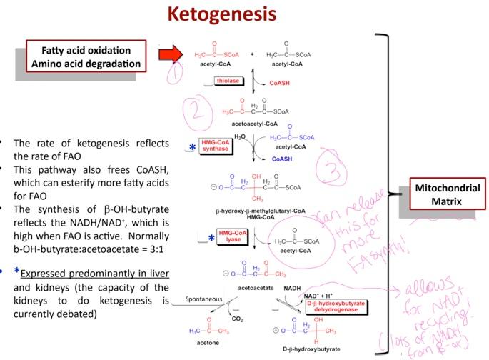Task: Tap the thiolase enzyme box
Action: click(226, 83)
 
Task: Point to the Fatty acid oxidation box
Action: click(85, 57)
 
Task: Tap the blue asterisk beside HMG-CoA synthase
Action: click(191, 148)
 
